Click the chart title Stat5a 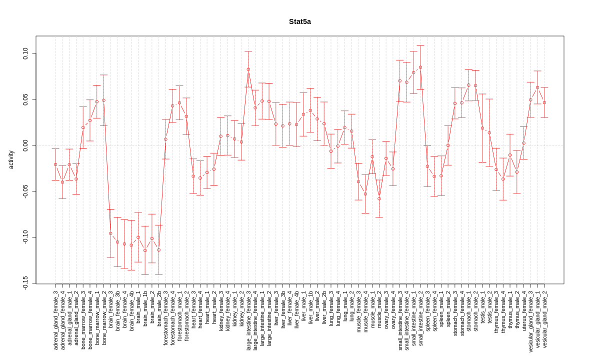[299, 21]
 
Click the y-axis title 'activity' [11, 159]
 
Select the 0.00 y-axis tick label [25, 145]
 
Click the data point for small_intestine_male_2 [420, 67]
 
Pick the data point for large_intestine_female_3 [248, 69]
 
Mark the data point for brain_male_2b [158, 250]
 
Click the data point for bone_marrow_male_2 [103, 100]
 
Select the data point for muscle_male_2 [379, 198]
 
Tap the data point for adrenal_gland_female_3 [55, 164]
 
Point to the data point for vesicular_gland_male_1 [537, 87]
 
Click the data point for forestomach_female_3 [165, 139]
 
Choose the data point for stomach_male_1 [468, 85]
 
